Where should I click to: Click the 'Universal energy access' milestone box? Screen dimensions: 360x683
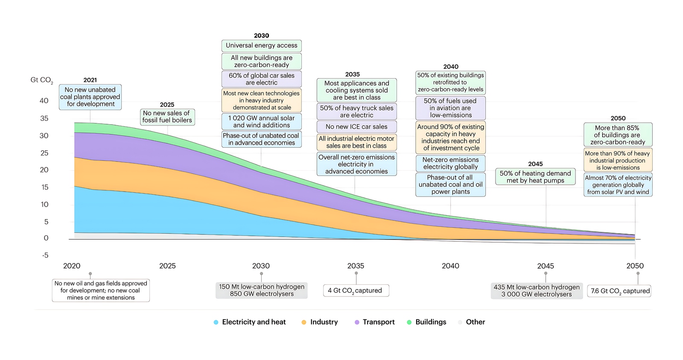point(261,46)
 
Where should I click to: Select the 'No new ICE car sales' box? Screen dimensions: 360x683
point(356,127)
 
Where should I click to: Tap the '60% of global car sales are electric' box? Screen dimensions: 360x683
point(261,79)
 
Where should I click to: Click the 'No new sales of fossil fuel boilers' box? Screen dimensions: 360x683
point(167,117)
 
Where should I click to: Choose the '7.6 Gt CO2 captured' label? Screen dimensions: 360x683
point(620,291)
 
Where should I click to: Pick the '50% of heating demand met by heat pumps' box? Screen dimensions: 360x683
point(535,177)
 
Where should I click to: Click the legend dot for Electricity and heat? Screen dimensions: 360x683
point(216,322)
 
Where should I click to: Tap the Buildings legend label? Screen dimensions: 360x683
point(431,322)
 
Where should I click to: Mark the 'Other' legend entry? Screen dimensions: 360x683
point(475,322)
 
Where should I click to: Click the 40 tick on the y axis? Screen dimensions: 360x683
point(44,101)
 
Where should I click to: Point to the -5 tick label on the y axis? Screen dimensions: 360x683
point(45,255)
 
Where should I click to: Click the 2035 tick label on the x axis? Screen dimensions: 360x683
point(356,266)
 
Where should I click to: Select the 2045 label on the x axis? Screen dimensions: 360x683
point(546,266)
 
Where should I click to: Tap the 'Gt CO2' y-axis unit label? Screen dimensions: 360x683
point(41,80)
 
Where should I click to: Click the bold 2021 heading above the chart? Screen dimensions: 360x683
point(90,80)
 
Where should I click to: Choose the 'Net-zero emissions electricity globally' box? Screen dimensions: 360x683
point(450,163)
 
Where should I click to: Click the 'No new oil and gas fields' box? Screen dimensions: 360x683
point(101,290)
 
